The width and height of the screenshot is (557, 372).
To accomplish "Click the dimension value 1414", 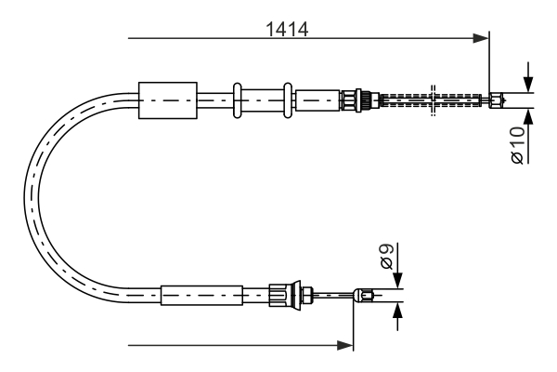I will pyautogui.click(x=287, y=28).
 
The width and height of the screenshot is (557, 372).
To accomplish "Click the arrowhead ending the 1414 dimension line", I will pyautogui.click(x=482, y=38).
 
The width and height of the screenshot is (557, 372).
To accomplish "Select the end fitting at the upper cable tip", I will pyautogui.click(x=499, y=99).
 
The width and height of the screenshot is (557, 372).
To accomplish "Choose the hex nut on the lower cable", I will pyautogui.click(x=278, y=297).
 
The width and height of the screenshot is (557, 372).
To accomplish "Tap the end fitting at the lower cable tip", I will pyautogui.click(x=368, y=297).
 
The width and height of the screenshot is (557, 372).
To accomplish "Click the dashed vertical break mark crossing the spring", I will pyautogui.click(x=433, y=100).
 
